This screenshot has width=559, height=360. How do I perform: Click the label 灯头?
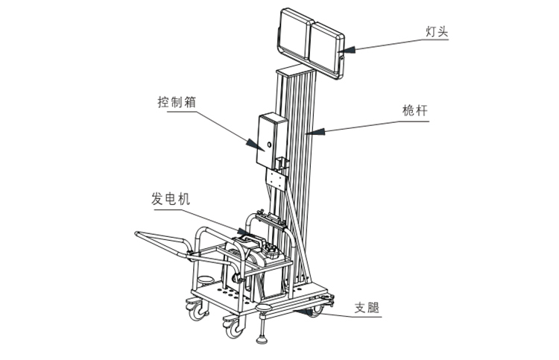point(437,31)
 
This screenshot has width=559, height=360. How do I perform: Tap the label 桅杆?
point(415,110)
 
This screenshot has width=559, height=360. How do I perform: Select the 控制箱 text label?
point(177,102)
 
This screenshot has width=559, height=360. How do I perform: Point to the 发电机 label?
point(171,199)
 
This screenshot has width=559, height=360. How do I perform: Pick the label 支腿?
point(367,308)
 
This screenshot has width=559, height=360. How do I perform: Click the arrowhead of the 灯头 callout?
point(346,49)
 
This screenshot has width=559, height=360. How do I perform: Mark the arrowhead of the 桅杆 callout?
point(315,131)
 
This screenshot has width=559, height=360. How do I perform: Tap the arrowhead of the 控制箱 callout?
point(255,144)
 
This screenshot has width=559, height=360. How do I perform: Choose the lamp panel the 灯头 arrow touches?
point(326,50)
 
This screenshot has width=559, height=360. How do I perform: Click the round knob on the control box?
point(269,145)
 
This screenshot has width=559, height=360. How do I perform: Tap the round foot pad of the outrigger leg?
point(262,340)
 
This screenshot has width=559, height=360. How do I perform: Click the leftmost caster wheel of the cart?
point(196,311)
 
